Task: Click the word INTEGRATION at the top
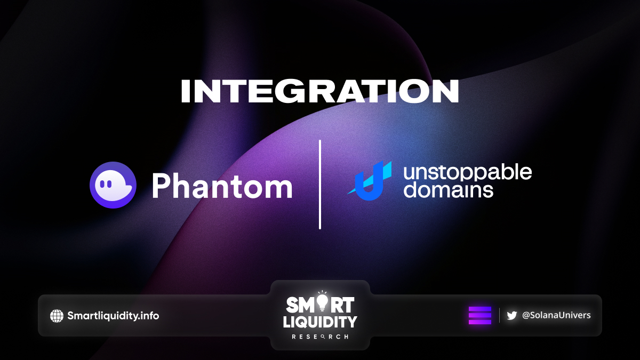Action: [x=319, y=91]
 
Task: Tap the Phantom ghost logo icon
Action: [x=113, y=185]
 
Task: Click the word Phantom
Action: [x=222, y=186]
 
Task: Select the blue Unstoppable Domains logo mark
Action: [x=369, y=181]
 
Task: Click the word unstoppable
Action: [x=467, y=172]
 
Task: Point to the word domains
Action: [x=448, y=190]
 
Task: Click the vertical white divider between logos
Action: [x=320, y=185]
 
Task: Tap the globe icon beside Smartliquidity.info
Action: [x=57, y=316]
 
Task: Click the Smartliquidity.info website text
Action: [x=113, y=316]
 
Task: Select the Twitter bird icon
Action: [x=511, y=315]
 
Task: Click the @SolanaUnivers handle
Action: [x=556, y=315]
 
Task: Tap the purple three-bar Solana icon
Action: [x=480, y=315]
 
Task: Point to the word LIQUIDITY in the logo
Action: [x=320, y=322]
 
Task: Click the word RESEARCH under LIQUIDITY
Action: [x=320, y=337]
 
